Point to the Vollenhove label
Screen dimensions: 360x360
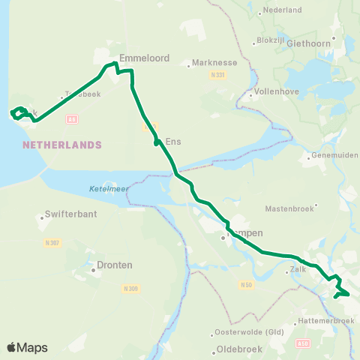(x=278, y=96)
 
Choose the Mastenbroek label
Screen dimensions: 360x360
(x=289, y=208)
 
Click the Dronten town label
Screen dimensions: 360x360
(x=115, y=265)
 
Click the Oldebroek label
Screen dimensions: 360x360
(x=241, y=349)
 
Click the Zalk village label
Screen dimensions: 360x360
(x=296, y=272)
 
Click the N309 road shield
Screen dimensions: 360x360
(x=130, y=287)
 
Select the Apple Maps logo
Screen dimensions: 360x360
(x=27, y=347)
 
